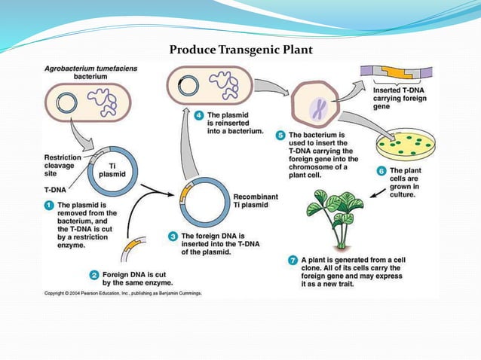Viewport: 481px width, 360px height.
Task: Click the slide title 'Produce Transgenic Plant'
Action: [240, 50]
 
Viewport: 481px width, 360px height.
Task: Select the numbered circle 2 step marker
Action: [93, 274]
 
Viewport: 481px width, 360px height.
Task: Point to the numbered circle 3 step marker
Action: [174, 236]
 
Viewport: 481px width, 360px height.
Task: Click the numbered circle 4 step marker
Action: [199, 115]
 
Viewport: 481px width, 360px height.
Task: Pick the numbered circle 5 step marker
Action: [280, 136]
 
